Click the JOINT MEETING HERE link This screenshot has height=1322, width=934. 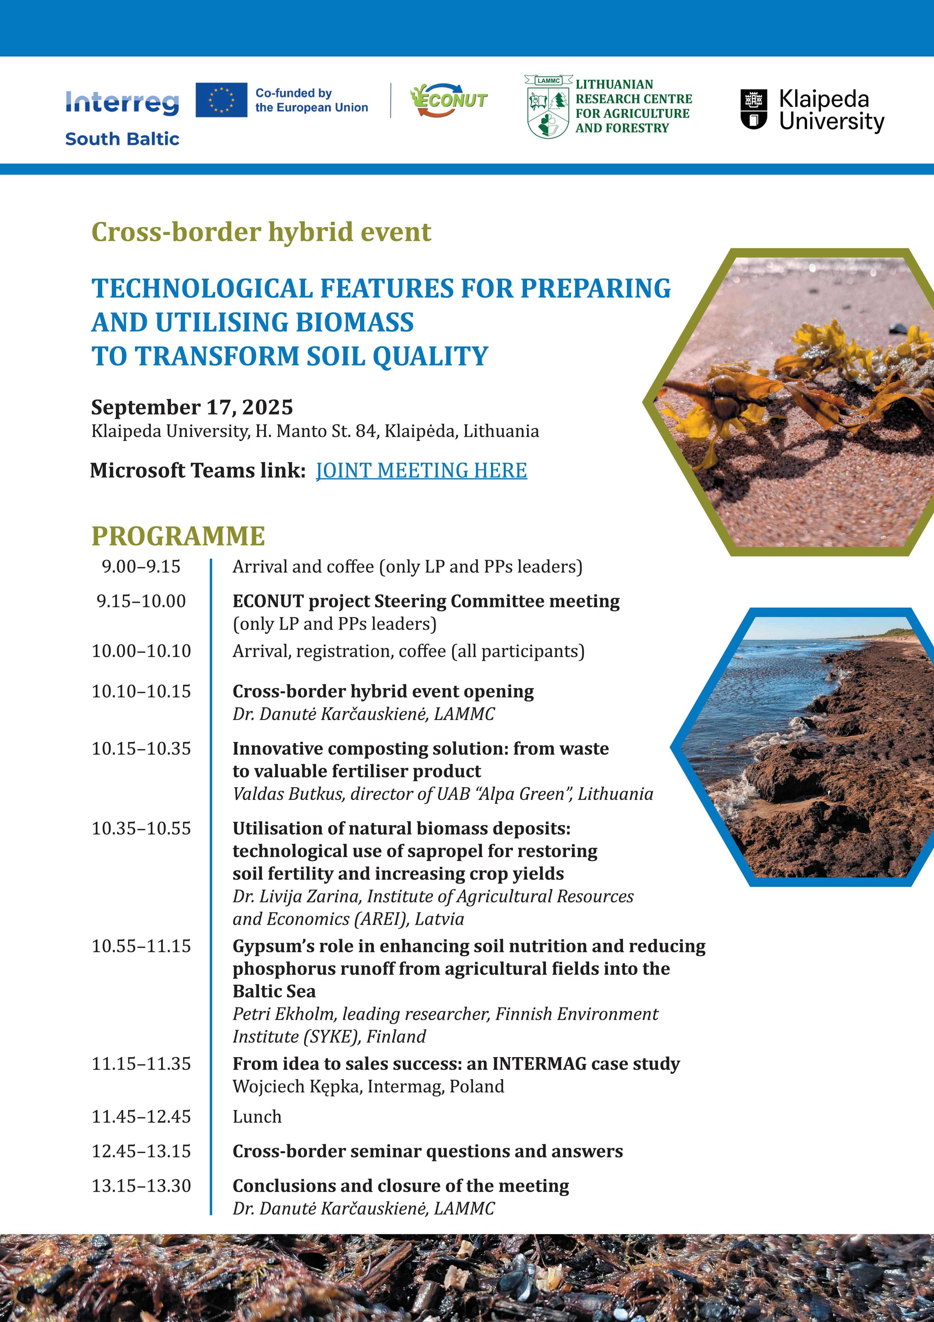[421, 470]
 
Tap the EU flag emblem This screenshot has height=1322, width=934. [221, 99]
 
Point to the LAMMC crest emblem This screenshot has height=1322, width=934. [548, 107]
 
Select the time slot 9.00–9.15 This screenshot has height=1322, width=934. [141, 566]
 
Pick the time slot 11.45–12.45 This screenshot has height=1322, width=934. [141, 1117]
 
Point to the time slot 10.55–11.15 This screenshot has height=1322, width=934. [141, 946]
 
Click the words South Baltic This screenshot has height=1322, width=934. [122, 139]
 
